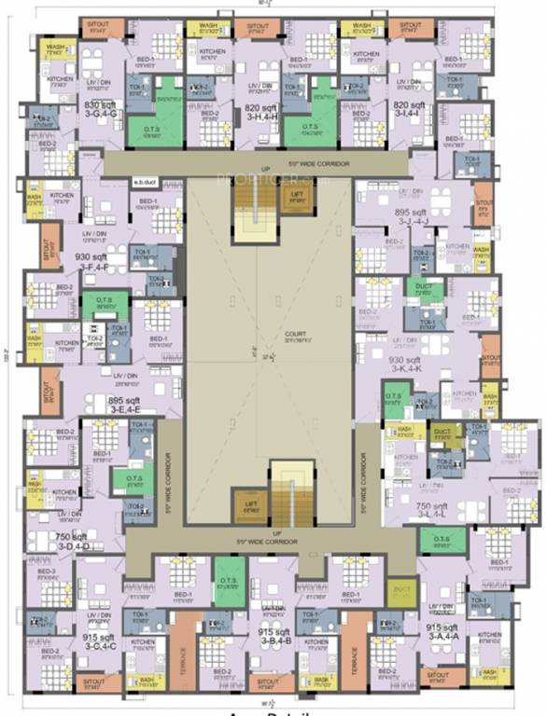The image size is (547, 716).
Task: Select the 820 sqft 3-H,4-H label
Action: click(x=258, y=111)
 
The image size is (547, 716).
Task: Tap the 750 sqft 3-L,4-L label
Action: click(x=434, y=509)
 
